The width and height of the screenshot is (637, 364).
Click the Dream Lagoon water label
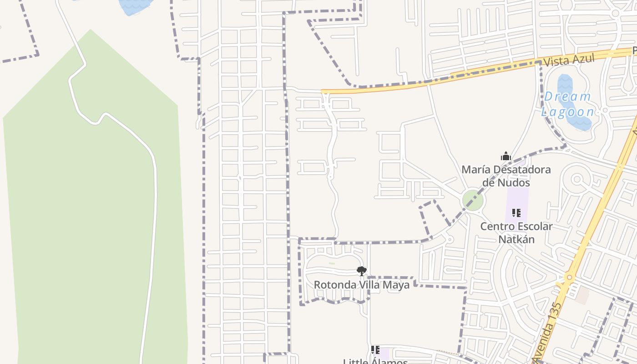click(567, 104)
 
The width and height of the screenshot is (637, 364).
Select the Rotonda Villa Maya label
click(361, 285)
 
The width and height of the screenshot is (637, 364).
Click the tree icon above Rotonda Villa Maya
click(361, 271)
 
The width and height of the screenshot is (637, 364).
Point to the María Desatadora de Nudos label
click(506, 176)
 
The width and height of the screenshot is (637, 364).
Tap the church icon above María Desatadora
click(506, 157)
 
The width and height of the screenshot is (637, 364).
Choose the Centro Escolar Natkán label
click(516, 233)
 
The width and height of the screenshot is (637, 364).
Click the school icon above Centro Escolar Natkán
click(516, 212)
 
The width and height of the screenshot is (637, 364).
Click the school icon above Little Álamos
click(375, 349)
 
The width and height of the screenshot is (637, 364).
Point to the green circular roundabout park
click(473, 201)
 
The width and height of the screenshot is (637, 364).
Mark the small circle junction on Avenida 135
click(569, 277)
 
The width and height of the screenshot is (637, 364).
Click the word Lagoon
click(567, 112)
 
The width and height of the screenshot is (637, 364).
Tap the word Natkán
click(516, 239)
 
